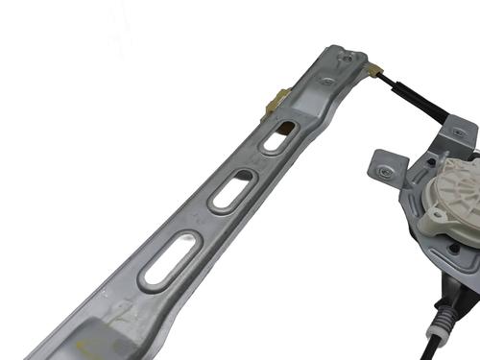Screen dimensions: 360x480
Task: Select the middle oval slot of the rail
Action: click(x=233, y=191)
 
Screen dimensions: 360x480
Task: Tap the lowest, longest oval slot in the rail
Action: click(x=171, y=259)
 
